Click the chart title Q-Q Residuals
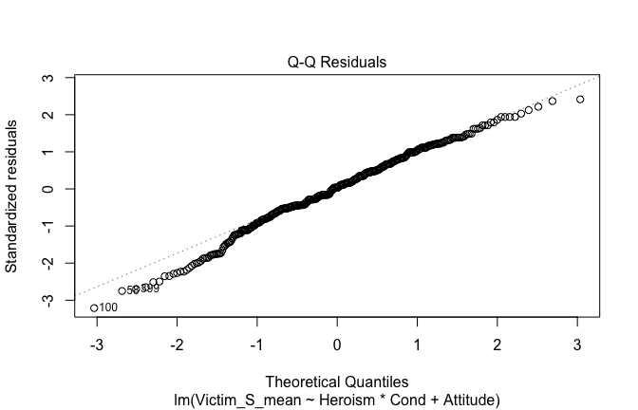click(x=337, y=63)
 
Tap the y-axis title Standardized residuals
click(x=12, y=196)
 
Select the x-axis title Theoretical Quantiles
click(x=337, y=382)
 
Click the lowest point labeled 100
click(x=94, y=307)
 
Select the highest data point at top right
click(x=580, y=99)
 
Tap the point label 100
click(x=108, y=307)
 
